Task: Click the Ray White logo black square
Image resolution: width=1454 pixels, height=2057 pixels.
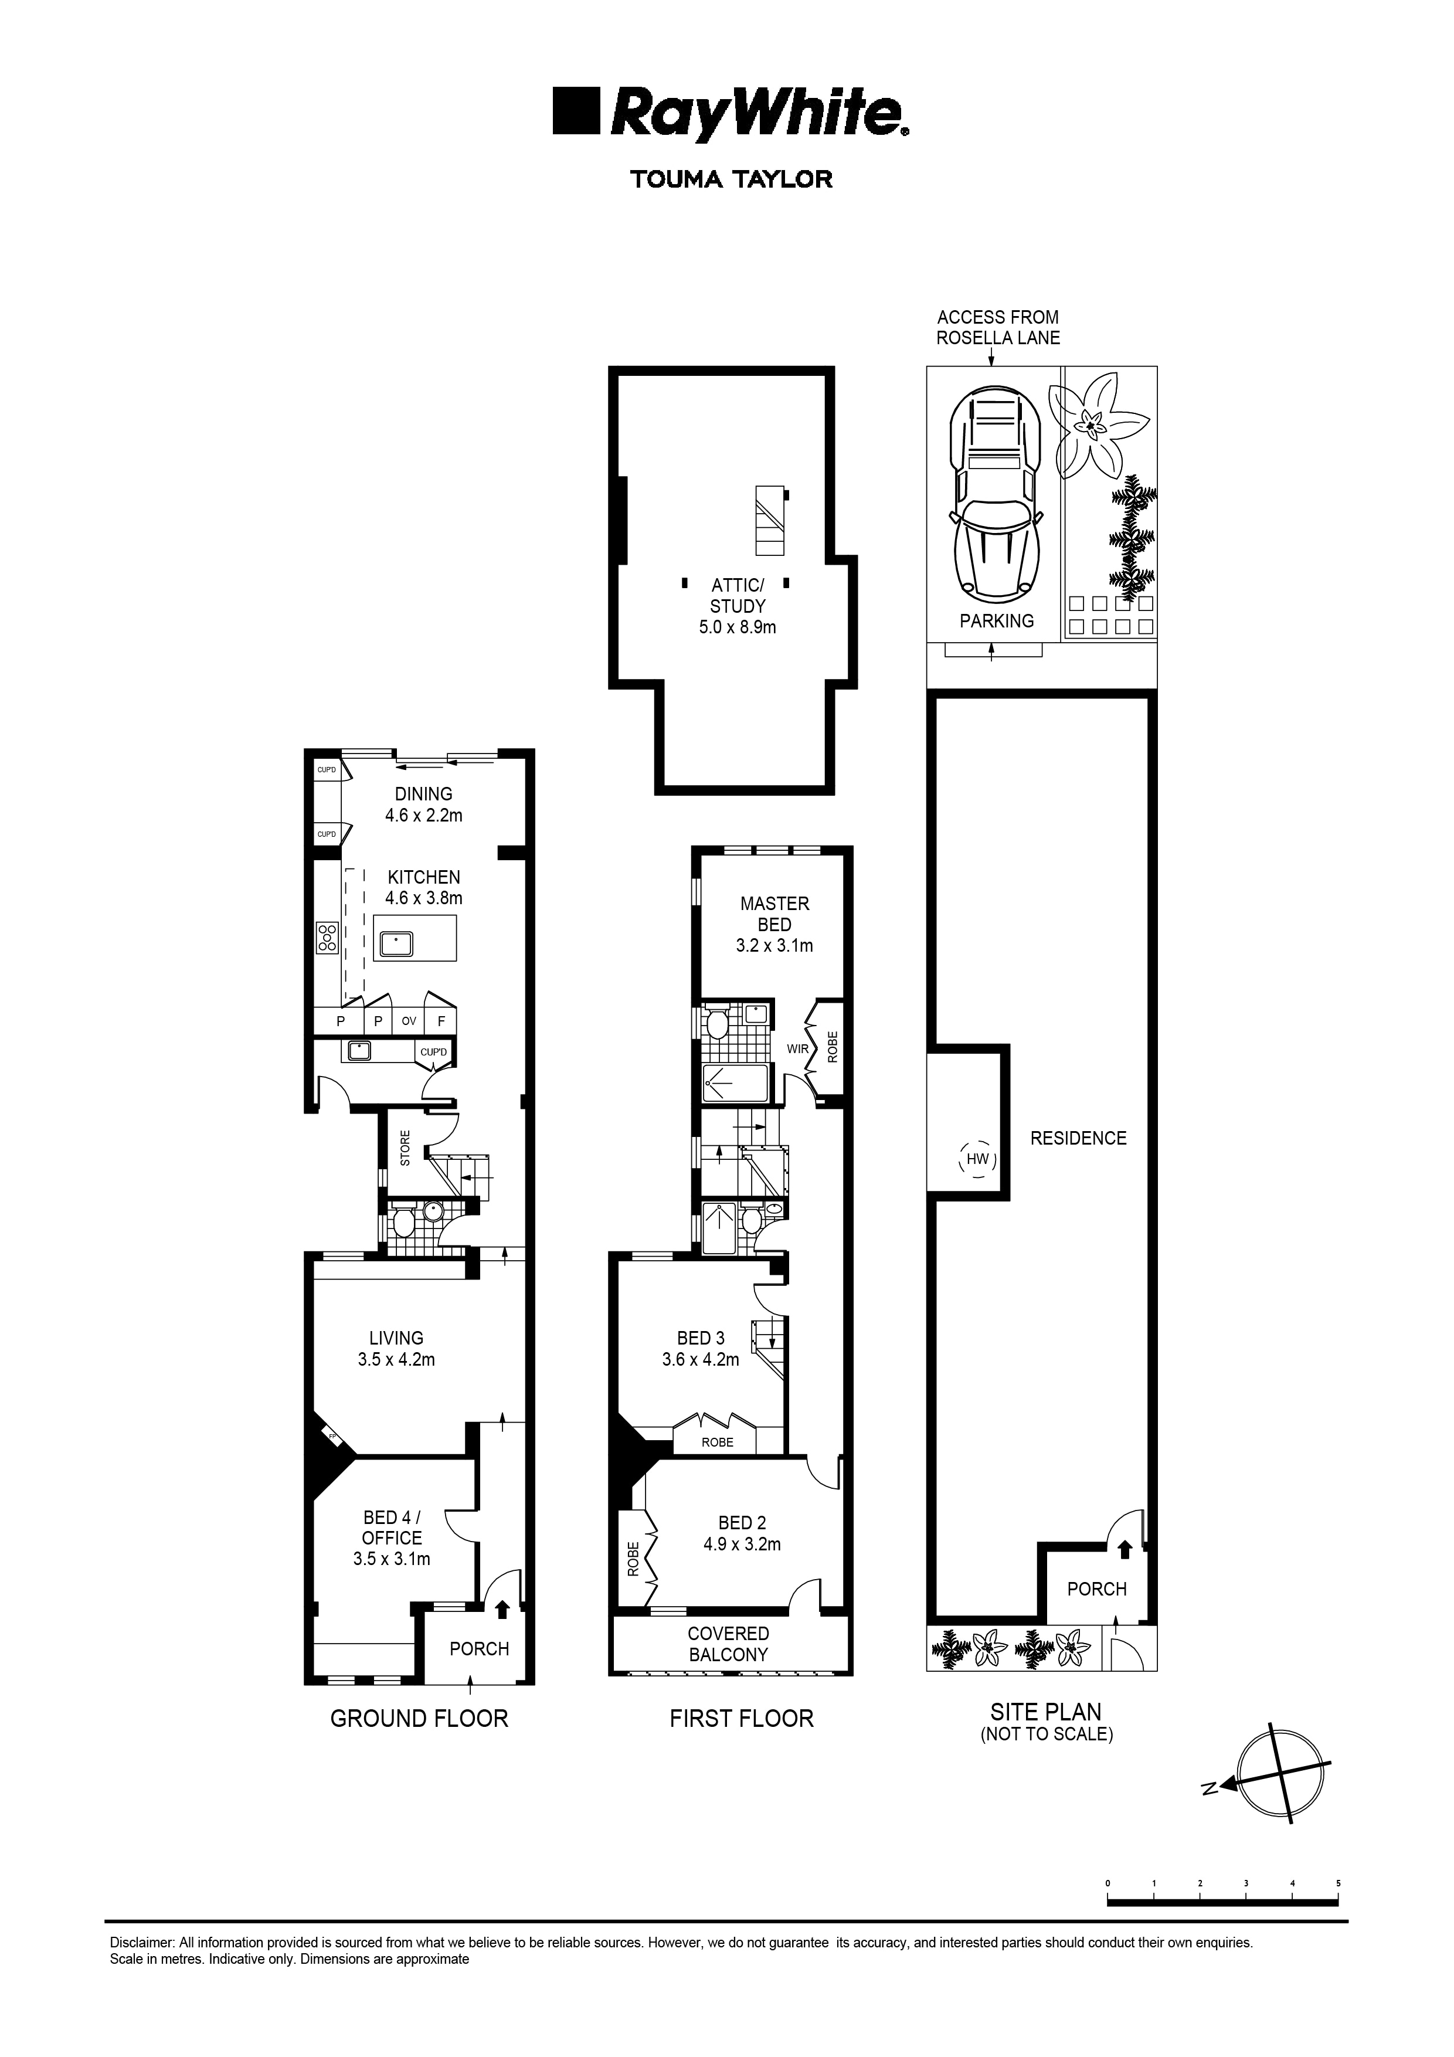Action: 576,111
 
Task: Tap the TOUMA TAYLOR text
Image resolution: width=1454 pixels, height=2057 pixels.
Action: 731,179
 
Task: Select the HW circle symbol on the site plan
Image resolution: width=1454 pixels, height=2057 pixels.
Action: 977,1159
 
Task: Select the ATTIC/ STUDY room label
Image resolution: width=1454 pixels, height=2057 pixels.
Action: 738,596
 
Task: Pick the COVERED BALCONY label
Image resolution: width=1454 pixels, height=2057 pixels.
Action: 728,1644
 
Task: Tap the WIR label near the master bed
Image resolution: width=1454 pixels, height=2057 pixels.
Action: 797,1048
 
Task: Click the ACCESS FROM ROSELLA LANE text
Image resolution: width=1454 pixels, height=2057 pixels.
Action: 997,327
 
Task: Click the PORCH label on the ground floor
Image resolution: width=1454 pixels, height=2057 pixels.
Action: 479,1648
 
